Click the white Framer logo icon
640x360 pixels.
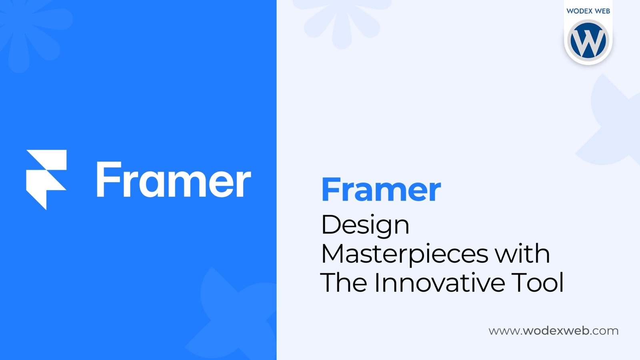pyautogui.click(x=46, y=180)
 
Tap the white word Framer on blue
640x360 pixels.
pyautogui.click(x=174, y=180)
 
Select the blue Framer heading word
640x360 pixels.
pyautogui.click(x=382, y=190)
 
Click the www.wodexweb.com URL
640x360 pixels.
pyautogui.click(x=554, y=331)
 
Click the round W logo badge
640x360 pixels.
pyautogui.click(x=588, y=40)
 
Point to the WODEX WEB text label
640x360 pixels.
pyautogui.click(x=588, y=11)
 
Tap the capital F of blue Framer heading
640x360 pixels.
pyautogui.click(x=331, y=190)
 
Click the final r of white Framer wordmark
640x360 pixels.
pyautogui.click(x=244, y=184)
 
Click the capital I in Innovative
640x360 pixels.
pyautogui.click(x=377, y=282)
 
